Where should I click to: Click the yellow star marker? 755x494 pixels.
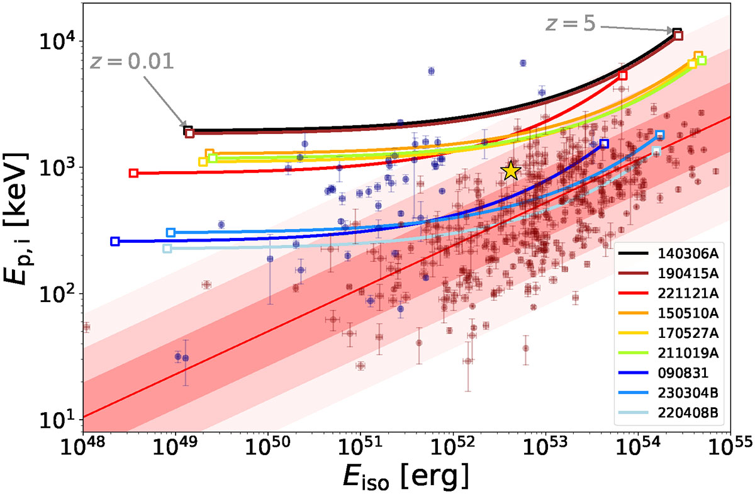click(x=511, y=171)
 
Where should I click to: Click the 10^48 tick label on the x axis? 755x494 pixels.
click(x=82, y=449)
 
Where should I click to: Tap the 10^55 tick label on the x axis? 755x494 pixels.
click(x=729, y=449)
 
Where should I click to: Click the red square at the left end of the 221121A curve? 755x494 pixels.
click(x=133, y=173)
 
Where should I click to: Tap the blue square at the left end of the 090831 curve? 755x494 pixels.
click(x=115, y=241)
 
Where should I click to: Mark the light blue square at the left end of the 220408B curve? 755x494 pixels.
click(x=167, y=249)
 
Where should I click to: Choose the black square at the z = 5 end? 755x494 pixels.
click(x=677, y=32)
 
